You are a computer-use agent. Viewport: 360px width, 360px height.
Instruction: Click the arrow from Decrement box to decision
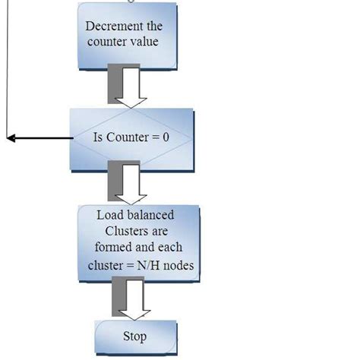click(126, 86)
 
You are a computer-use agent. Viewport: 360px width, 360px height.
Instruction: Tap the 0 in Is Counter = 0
click(166, 138)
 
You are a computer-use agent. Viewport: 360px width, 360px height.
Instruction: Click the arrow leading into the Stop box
click(131, 297)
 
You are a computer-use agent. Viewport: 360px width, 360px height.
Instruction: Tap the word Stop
click(134, 336)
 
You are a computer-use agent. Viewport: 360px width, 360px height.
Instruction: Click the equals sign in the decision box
click(156, 138)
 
